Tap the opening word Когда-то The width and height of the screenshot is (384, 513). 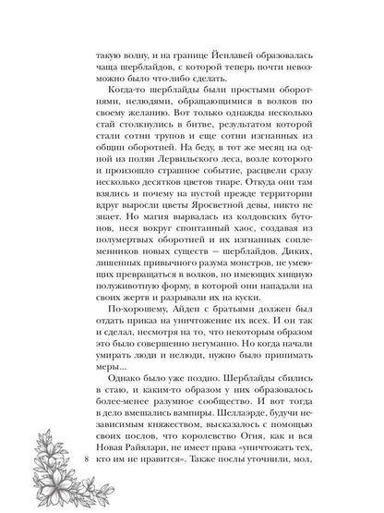(x=131, y=106)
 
